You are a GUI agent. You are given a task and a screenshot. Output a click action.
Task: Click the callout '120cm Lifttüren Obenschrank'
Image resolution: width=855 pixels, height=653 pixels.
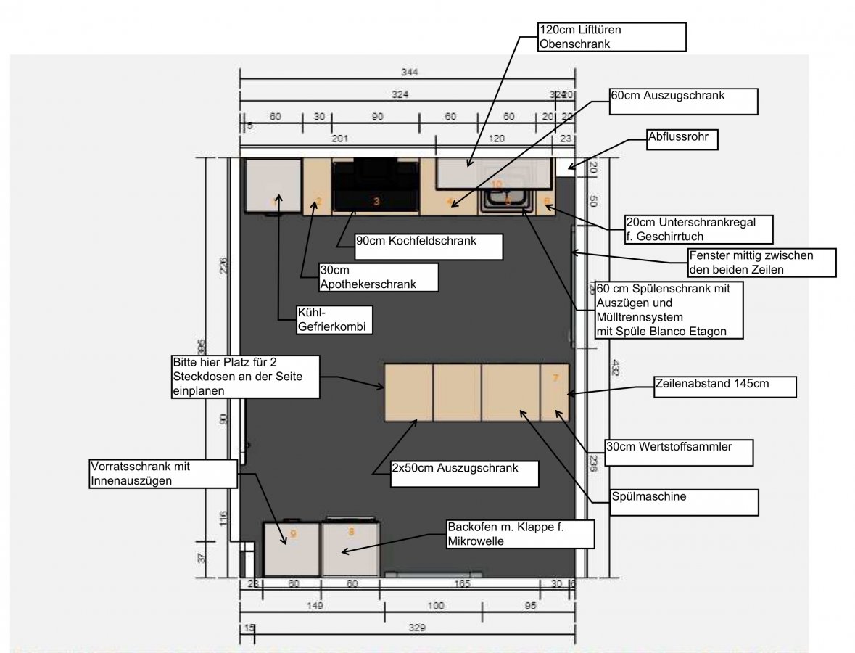[x=611, y=37]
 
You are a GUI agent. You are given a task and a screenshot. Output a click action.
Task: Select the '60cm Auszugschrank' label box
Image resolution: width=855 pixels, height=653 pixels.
[x=682, y=102]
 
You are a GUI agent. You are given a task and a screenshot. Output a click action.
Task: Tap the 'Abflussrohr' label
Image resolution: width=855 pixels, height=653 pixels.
[x=681, y=139]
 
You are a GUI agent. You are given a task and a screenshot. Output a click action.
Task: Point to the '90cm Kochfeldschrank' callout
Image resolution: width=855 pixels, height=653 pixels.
[x=428, y=246]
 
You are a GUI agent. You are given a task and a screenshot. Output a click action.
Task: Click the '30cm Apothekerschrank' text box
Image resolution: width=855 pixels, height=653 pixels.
[x=378, y=276]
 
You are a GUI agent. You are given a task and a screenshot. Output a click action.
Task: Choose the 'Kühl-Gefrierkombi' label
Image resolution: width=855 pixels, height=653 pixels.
[x=334, y=319]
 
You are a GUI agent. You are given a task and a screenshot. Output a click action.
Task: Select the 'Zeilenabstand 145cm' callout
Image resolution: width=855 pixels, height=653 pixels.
[x=724, y=386]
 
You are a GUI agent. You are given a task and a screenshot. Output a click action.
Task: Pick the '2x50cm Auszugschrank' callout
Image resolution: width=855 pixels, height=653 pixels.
[x=464, y=473]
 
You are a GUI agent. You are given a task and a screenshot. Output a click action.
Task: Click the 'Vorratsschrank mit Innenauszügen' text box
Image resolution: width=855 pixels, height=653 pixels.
[x=163, y=472]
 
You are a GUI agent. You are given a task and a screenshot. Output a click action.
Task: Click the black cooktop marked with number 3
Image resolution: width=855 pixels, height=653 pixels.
[x=376, y=186]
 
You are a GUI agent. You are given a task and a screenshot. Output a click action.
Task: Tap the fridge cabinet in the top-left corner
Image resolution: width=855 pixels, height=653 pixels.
[x=273, y=186]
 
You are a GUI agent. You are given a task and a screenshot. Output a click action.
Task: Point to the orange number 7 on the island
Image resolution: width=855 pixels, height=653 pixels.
[x=555, y=378]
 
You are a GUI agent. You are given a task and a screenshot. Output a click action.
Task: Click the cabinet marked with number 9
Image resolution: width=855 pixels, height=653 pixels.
[x=292, y=549]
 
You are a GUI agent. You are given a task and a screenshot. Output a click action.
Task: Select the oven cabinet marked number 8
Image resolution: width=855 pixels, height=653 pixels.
[x=351, y=549]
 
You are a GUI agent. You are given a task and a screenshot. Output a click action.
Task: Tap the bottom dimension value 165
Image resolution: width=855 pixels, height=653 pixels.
[x=462, y=584]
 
